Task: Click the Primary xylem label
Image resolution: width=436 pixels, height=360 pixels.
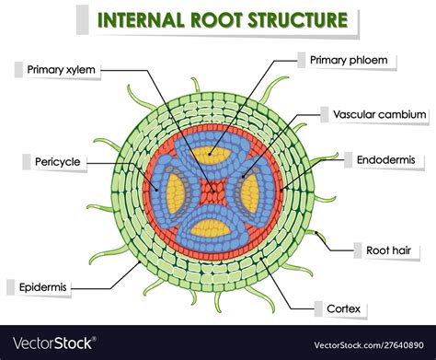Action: [x=62, y=67]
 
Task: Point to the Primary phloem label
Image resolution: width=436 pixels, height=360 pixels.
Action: [x=353, y=60]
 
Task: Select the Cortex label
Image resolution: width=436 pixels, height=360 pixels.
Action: [x=341, y=308]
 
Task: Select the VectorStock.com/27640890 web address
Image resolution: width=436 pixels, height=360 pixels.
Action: [x=360, y=343]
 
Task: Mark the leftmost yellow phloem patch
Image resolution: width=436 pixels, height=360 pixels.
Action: [x=174, y=192]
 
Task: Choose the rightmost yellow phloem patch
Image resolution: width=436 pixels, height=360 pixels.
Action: [x=251, y=192]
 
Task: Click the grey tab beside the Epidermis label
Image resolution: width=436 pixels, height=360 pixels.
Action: [x=10, y=287]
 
